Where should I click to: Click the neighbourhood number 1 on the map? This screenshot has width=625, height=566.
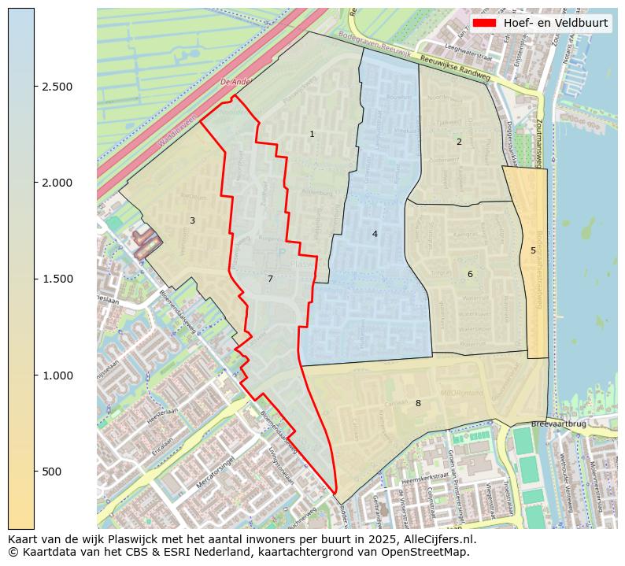click(x=312, y=135)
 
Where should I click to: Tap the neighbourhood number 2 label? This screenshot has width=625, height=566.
click(x=459, y=142)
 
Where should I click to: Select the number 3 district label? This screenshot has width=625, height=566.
click(x=192, y=221)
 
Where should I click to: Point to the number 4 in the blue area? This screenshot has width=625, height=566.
click(x=375, y=234)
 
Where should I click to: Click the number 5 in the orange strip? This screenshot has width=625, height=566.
click(x=533, y=251)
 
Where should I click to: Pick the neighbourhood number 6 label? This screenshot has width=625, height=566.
click(x=470, y=275)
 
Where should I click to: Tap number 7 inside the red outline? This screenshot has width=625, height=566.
click(x=270, y=279)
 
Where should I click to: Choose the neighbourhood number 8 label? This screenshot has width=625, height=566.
click(x=418, y=404)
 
